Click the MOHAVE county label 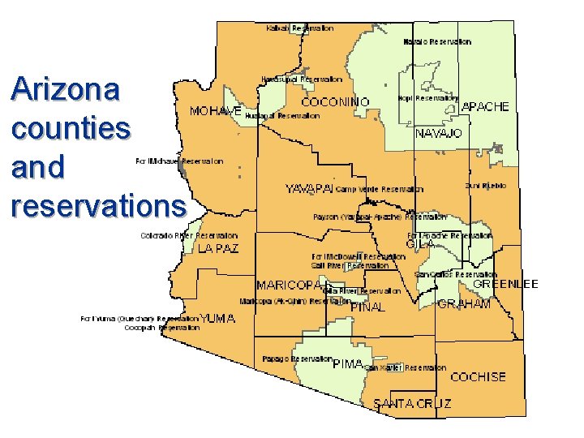coord(215,110)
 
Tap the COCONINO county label coord(336,102)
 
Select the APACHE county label coord(485,107)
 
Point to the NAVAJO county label coord(438,133)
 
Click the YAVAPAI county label coord(308,189)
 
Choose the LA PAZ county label coord(218,249)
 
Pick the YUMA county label coord(218,319)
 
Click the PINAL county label coord(367,307)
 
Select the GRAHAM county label coord(464,304)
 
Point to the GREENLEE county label coord(505,285)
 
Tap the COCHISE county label coord(478,377)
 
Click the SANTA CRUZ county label coord(412,403)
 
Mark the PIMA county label coord(348,364)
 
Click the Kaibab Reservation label coord(299,28)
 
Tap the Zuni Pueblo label coord(486,186)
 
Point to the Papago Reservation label coord(297,359)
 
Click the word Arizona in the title coord(66,89)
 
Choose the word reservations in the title coord(98,205)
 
